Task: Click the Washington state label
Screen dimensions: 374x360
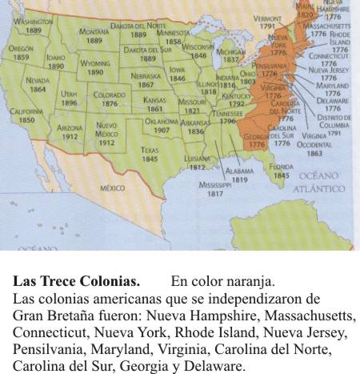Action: (27, 22)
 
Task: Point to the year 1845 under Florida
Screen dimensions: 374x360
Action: (281, 175)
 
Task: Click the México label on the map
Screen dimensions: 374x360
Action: (112, 187)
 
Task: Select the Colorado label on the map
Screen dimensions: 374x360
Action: (110, 95)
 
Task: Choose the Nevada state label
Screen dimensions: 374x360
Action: (38, 81)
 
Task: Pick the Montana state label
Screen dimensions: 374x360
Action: (94, 32)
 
